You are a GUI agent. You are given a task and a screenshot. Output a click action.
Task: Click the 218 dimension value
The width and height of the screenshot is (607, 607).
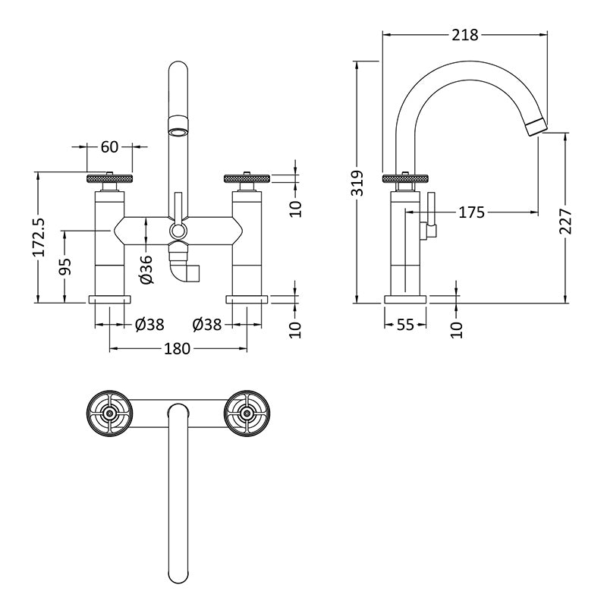465,35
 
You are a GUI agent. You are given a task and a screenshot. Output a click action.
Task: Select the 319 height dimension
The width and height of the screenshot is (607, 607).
359,183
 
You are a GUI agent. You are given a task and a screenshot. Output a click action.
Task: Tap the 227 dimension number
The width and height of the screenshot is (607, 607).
566,221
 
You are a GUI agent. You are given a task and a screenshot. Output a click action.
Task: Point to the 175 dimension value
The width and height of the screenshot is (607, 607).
471,212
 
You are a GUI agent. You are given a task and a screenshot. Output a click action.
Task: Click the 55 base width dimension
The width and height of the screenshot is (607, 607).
405,325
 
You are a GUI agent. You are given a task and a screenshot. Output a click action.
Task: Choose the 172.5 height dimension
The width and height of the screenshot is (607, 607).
39,237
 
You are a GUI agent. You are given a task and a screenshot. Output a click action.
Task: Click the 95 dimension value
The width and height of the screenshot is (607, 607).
65,266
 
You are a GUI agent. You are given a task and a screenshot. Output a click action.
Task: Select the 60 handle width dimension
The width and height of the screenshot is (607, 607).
109,147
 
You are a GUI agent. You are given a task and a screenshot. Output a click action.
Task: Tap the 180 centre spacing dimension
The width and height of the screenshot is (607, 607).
178,349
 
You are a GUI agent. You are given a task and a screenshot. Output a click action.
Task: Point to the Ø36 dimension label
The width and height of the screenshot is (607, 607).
146,269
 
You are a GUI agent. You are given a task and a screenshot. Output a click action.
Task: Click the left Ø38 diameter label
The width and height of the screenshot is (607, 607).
149,325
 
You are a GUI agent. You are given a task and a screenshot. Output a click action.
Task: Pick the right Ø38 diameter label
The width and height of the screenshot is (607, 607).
207,325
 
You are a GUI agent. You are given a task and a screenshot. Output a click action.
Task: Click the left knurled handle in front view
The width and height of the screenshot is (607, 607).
110,178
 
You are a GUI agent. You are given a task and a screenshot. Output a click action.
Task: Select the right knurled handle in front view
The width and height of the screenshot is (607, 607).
247,178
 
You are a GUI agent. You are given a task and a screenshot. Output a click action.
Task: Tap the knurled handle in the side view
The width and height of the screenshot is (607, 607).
405,178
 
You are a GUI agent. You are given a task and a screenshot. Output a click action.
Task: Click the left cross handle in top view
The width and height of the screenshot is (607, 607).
110,414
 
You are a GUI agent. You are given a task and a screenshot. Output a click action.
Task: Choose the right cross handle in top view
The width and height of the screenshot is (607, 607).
247,414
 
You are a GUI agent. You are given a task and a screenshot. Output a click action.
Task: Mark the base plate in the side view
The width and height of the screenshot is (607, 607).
405,299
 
